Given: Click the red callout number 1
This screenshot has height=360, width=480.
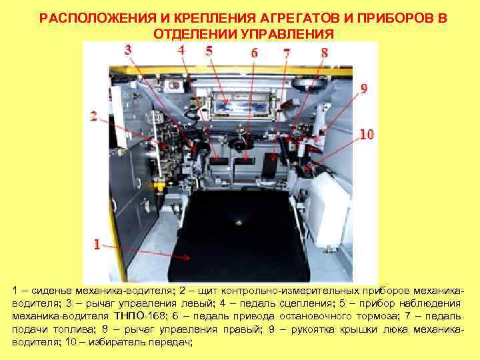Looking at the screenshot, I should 97,245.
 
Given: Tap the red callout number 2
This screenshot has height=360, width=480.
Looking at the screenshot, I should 94,116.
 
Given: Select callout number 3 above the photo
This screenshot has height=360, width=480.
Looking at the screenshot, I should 128,49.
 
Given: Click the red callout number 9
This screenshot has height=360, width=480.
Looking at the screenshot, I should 363,88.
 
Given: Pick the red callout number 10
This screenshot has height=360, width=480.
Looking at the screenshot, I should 366,134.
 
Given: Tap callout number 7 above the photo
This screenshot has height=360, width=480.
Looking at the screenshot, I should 287,52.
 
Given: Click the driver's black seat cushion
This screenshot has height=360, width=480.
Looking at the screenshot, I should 238,233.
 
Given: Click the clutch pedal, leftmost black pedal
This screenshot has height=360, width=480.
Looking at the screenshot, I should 217,161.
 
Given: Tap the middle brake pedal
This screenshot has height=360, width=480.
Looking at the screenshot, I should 244,161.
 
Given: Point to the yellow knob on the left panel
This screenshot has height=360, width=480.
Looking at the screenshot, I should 160,181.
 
